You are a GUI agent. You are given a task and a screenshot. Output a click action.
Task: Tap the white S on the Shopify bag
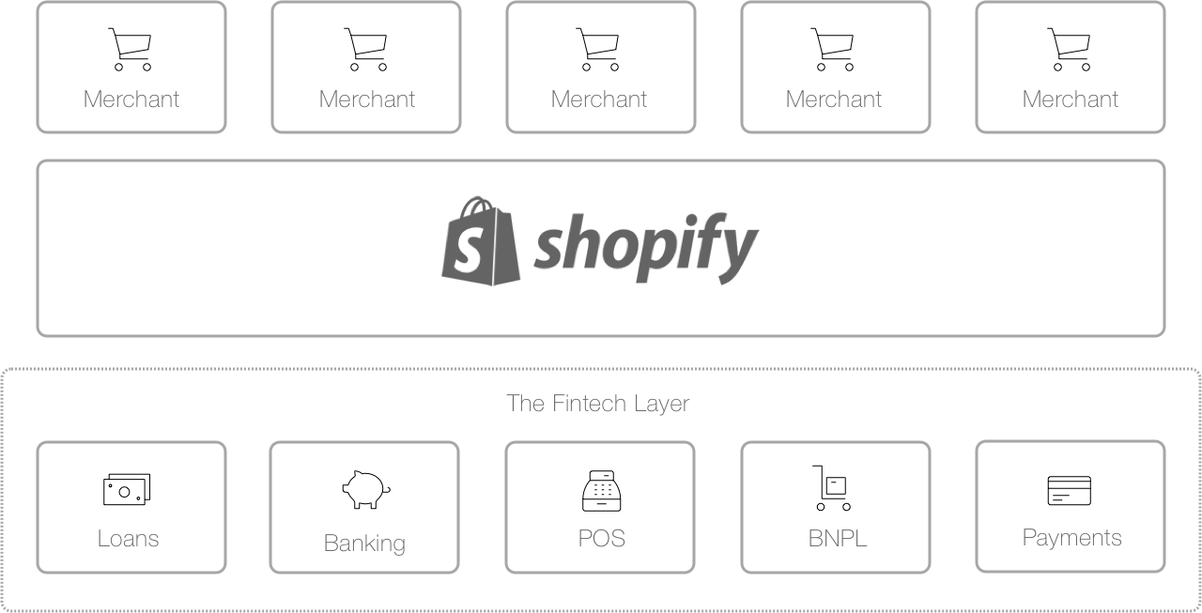pos(468,249)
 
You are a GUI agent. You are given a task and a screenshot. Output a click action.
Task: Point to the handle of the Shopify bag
pos(476,206)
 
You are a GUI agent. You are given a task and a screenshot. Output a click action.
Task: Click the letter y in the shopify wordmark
pos(737,250)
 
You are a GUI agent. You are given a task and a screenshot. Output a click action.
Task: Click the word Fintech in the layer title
pos(589,404)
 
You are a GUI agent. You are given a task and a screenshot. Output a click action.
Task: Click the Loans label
pos(129,539)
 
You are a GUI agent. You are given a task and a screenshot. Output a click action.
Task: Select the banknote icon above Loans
pos(127,489)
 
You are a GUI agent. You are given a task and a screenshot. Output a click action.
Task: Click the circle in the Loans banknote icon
pos(125,492)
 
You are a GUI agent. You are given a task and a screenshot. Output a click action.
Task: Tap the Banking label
pos(364,544)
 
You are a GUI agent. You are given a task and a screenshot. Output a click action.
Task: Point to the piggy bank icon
pos(366,490)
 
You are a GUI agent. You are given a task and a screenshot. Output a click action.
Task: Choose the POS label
pos(602,538)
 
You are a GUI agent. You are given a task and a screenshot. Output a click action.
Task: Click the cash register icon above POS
pos(602,491)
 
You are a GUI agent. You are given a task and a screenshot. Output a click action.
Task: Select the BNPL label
pos(837,539)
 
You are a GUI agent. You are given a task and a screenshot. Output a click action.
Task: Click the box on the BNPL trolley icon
pos(836,486)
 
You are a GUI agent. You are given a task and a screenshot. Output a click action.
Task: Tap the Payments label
pos(1071,538)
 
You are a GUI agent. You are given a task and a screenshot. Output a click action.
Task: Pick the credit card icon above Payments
pos(1070,490)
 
